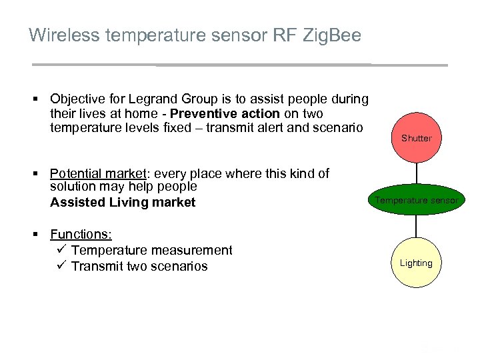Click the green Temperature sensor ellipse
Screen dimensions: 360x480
pyautogui.click(x=416, y=200)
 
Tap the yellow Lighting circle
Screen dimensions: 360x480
pyautogui.click(x=416, y=263)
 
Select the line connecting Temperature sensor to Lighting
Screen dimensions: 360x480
pyautogui.click(x=416, y=227)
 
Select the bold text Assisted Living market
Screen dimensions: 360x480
pyautogui.click(x=123, y=203)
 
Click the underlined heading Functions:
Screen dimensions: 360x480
pyautogui.click(x=81, y=235)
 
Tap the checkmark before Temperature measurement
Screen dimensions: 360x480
pyautogui.click(x=60, y=250)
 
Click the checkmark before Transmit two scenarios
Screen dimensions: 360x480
pyautogui.click(x=60, y=266)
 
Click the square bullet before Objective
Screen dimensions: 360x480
pyautogui.click(x=39, y=100)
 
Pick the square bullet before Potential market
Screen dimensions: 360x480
pyautogui.click(x=39, y=175)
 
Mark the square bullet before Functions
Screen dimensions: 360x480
pyautogui.click(x=39, y=235)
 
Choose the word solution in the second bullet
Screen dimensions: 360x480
pyautogui.click(x=72, y=187)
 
